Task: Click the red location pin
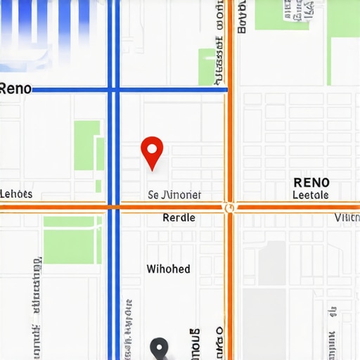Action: [x=152, y=150]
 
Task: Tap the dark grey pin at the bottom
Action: [x=160, y=347]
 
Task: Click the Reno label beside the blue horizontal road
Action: [x=15, y=89]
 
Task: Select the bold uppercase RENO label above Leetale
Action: [x=311, y=183]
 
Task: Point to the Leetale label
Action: [x=310, y=195]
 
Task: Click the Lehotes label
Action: [x=16, y=194]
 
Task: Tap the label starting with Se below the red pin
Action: [x=174, y=195]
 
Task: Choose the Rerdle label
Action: [x=179, y=218]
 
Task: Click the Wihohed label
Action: [x=168, y=269]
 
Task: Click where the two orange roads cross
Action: [x=229, y=207]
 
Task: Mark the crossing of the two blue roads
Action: [x=113, y=89]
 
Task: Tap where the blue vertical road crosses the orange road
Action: [x=113, y=207]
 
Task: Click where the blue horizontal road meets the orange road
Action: [x=227, y=89]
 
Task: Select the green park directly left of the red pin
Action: [x=87, y=146]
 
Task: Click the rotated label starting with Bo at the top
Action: [x=243, y=17]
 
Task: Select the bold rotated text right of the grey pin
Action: [x=195, y=343]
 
